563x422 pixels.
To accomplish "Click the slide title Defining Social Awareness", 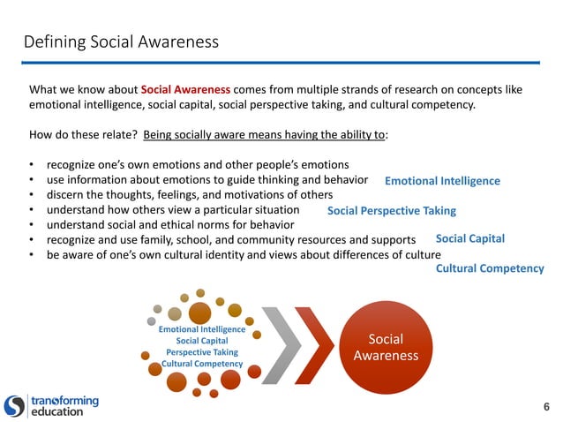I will (121, 41).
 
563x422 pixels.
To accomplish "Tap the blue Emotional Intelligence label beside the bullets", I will (442, 181).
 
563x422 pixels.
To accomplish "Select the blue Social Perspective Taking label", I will (391, 211).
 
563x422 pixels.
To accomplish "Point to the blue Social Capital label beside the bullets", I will (469, 238).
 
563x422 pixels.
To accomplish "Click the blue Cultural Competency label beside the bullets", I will (490, 268).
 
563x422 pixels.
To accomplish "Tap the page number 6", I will (546, 407).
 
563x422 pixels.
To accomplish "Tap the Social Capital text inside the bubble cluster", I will (202, 341).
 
